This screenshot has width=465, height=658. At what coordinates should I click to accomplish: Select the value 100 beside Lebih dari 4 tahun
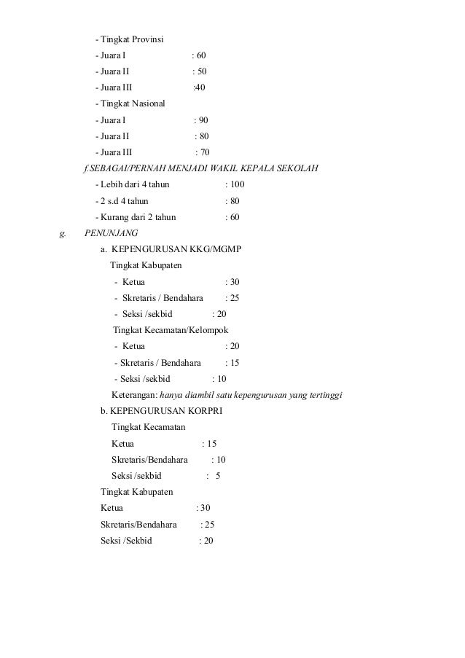(238, 185)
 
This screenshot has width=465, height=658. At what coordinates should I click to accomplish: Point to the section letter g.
(62, 234)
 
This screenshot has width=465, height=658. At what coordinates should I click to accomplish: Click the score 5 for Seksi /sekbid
(218, 476)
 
